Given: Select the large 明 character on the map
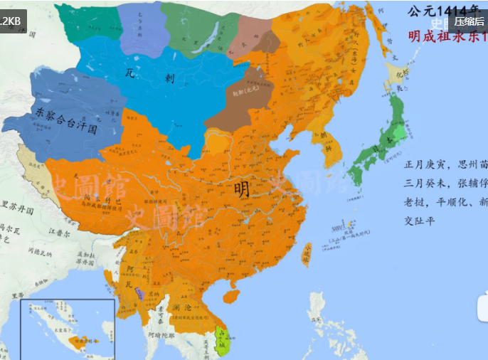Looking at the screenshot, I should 242,189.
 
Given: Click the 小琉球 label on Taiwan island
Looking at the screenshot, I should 307,253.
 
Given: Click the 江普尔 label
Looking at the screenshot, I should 60,232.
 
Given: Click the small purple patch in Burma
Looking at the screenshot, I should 140,293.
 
